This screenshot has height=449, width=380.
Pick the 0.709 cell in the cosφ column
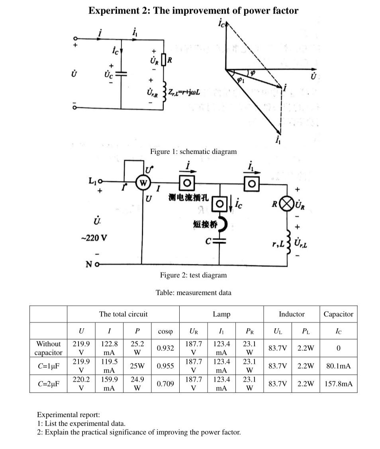[165, 384]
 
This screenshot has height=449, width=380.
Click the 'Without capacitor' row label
[48, 348]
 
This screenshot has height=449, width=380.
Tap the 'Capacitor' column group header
[338, 314]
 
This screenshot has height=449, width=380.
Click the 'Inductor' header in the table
[291, 314]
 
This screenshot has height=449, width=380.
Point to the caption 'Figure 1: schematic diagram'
[193, 151]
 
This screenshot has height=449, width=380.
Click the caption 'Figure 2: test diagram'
[193, 275]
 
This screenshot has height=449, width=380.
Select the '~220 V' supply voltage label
[94, 238]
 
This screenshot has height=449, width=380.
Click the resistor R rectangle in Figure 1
[163, 60]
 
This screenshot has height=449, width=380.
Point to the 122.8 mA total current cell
[109, 348]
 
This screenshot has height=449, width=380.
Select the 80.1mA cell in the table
[338, 366]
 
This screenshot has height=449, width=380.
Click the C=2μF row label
[48, 384]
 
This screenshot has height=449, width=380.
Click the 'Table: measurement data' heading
[193, 292]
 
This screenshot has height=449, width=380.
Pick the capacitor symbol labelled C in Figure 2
[219, 241]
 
